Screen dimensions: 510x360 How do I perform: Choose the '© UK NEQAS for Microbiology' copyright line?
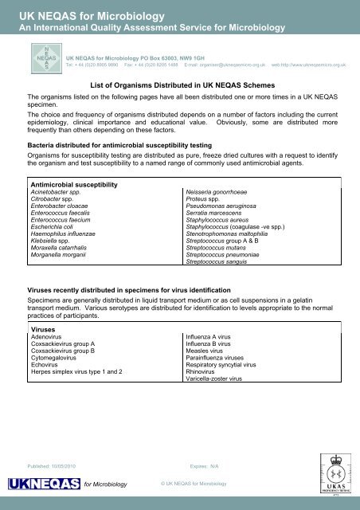pyautogui.click(x=194, y=484)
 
